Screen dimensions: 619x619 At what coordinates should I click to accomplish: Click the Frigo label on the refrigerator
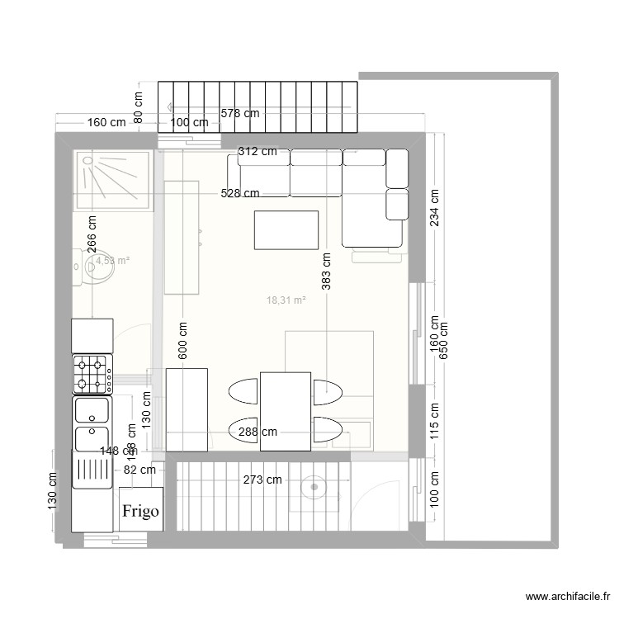tap(140, 511)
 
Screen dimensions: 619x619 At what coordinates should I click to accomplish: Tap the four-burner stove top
tap(92, 373)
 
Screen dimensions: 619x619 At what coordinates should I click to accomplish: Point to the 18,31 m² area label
tap(286, 301)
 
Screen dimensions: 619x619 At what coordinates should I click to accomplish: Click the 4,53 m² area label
tap(112, 261)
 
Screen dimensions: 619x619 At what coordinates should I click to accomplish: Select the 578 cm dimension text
tap(239, 114)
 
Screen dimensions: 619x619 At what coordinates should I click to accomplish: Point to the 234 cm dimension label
tap(434, 206)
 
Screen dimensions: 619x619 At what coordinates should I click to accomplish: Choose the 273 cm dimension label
tap(262, 480)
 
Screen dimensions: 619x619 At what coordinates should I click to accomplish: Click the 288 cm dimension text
tap(258, 432)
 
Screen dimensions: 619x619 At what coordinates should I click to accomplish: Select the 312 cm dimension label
tap(258, 151)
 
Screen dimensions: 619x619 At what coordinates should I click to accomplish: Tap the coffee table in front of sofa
tap(286, 229)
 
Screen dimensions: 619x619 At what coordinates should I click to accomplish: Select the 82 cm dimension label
tap(139, 470)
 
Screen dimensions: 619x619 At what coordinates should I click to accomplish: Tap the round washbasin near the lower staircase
tap(314, 488)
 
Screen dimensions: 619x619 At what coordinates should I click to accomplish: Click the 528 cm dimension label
tap(239, 193)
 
